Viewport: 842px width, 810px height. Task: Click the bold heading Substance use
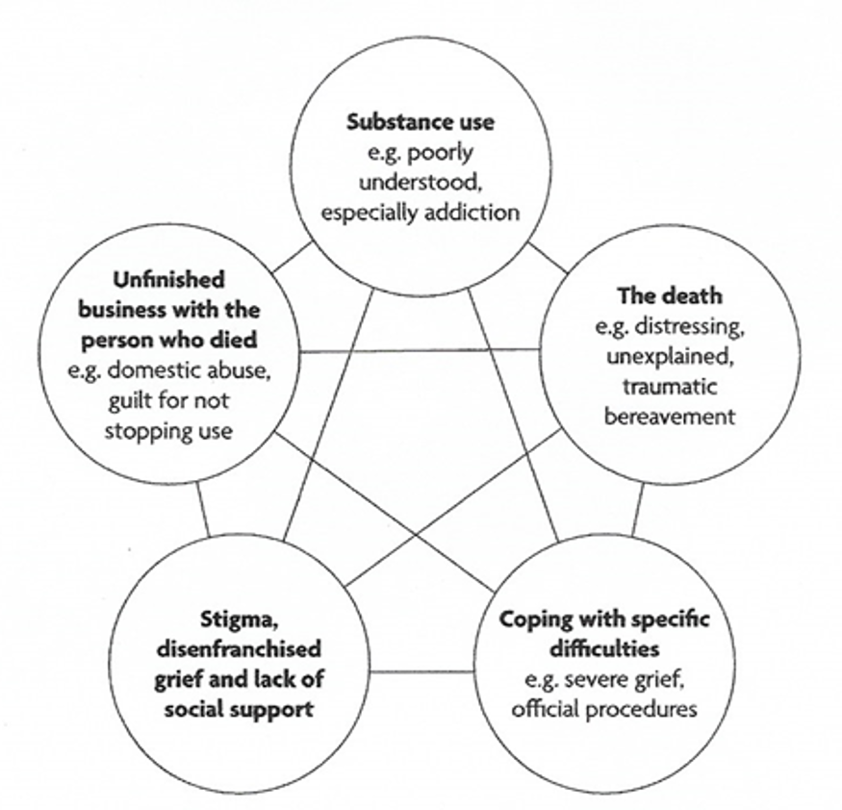[421, 122]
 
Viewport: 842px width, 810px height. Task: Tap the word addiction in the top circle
[474, 212]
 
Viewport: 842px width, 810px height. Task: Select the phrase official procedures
[604, 710]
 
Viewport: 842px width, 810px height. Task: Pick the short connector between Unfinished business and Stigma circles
[201, 507]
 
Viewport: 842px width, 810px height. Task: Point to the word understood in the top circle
[421, 182]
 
